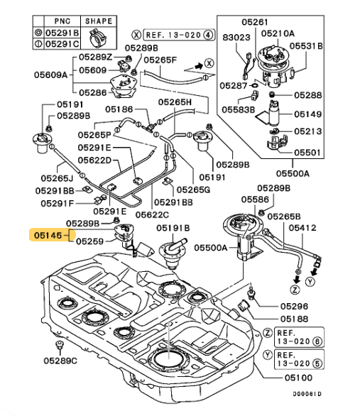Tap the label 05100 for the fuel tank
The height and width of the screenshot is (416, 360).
[298, 378]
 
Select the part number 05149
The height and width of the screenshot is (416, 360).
[307, 114]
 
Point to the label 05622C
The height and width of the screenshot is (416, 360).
[152, 214]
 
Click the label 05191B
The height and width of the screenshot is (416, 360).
[173, 228]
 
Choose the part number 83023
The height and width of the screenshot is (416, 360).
[236, 38]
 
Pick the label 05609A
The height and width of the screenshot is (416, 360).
[50, 75]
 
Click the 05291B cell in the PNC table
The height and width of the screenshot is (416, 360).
[62, 33]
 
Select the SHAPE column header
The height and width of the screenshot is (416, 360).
[99, 21]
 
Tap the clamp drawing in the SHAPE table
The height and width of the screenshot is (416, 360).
[97, 38]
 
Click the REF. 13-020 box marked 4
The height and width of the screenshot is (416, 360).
[179, 35]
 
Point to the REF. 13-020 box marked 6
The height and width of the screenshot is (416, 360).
[299, 337]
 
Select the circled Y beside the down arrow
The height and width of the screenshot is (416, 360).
[310, 282]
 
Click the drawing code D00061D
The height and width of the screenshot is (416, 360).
[307, 394]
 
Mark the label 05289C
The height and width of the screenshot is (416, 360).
[60, 361]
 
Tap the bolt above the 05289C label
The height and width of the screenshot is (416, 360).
[60, 345]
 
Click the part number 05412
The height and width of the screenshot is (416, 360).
[302, 228]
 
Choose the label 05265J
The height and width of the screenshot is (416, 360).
[57, 178]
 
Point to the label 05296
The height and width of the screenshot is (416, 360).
[294, 307]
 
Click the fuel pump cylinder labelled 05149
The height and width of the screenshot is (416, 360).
[274, 113]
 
